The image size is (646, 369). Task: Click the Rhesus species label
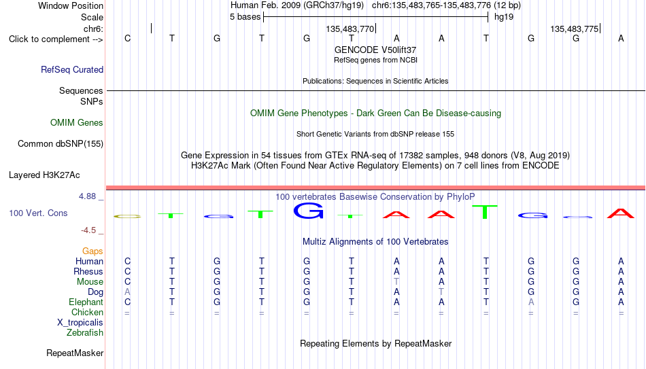pyautogui.click(x=88, y=271)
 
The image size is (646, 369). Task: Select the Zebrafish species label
pyautogui.click(x=85, y=332)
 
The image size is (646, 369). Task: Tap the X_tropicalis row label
pyautogui.click(x=80, y=323)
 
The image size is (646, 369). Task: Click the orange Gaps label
pyautogui.click(x=92, y=251)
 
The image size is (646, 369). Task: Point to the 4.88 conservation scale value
pyautogui.click(x=87, y=196)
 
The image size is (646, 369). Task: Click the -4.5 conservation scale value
pyautogui.click(x=88, y=230)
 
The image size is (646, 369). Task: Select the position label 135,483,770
pyautogui.click(x=350, y=29)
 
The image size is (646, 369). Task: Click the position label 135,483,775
pyautogui.click(x=575, y=29)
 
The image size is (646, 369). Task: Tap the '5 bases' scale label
pyautogui.click(x=245, y=17)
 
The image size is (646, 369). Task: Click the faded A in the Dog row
pyautogui.click(x=127, y=292)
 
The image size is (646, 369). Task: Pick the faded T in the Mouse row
pyautogui.click(x=396, y=282)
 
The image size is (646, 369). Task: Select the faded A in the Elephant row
pyautogui.click(x=531, y=302)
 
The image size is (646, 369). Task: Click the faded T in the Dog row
pyautogui.click(x=441, y=292)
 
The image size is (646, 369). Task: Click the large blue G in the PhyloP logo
pyautogui.click(x=308, y=211)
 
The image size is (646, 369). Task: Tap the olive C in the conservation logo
pyautogui.click(x=127, y=216)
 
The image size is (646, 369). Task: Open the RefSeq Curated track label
pyautogui.click(x=72, y=69)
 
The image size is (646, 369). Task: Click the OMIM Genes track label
pyautogui.click(x=77, y=123)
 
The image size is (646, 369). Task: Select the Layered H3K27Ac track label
pyautogui.click(x=44, y=175)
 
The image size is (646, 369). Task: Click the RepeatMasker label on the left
pyautogui.click(x=75, y=353)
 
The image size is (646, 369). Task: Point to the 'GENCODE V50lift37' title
pyautogui.click(x=375, y=50)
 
